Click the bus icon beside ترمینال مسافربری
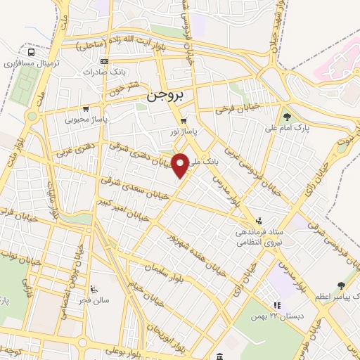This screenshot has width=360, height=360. pos(31,52)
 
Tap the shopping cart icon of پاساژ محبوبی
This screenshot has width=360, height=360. pos(86,109)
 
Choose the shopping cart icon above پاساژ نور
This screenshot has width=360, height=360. pos(184,121)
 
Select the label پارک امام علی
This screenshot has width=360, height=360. pos(286,128)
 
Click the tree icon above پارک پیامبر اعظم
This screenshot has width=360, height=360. pos(341,285)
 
